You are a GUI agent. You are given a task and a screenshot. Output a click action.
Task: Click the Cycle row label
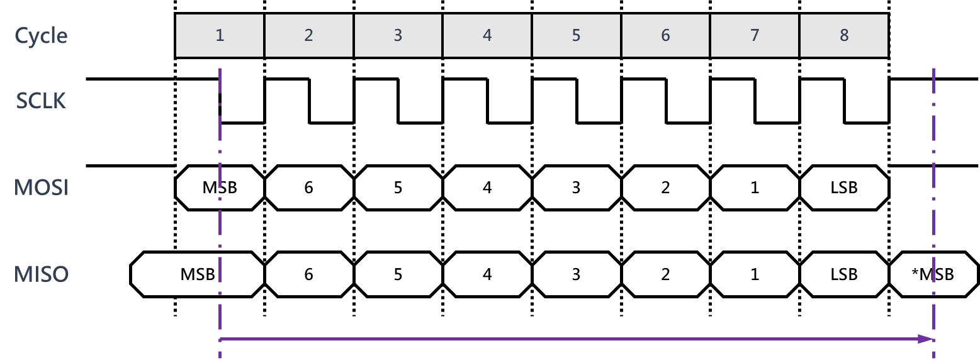point(41,35)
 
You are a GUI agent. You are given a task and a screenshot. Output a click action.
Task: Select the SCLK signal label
point(41,101)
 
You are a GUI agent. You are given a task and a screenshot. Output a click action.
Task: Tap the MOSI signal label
point(41,188)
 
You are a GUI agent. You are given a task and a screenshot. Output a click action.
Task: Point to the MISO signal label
point(41,274)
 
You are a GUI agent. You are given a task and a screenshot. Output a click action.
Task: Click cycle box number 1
point(220,35)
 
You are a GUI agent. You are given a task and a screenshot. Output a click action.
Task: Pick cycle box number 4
point(487,35)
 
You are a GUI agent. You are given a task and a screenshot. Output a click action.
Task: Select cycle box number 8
point(844,35)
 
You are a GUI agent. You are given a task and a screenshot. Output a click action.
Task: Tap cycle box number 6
point(665,35)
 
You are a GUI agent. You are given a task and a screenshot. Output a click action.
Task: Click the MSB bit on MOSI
point(220,188)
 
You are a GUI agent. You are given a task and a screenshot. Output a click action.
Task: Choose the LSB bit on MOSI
point(844,188)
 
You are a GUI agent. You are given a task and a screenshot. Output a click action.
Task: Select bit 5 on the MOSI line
point(398,188)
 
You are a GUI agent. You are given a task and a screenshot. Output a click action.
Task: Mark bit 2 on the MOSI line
point(665,188)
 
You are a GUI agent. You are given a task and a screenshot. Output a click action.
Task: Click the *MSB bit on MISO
point(933,274)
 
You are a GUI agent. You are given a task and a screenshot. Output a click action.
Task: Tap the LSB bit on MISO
point(844,274)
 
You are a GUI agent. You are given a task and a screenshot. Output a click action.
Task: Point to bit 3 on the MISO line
point(576,274)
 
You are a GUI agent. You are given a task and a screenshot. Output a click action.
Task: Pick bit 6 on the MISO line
point(308,274)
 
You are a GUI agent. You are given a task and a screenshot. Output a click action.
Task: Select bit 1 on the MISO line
point(755,274)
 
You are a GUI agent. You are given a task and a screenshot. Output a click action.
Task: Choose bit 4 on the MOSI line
point(487,188)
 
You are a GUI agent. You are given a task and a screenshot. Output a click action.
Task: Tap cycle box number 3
point(398,35)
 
